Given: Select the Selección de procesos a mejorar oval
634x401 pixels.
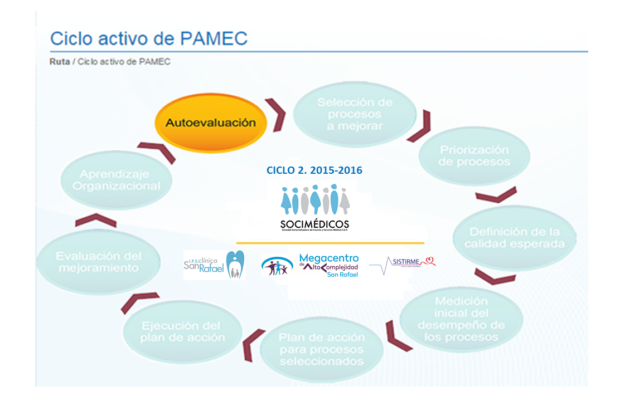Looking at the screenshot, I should (x=355, y=114).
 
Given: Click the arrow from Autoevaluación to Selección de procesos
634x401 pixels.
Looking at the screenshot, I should (x=276, y=115).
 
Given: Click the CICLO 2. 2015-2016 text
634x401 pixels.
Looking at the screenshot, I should (x=314, y=170).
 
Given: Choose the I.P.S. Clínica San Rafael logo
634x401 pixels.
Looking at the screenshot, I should (x=214, y=265).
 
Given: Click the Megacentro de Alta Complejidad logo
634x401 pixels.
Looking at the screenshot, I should (x=311, y=265).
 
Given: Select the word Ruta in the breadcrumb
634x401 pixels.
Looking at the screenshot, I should (x=60, y=61).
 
